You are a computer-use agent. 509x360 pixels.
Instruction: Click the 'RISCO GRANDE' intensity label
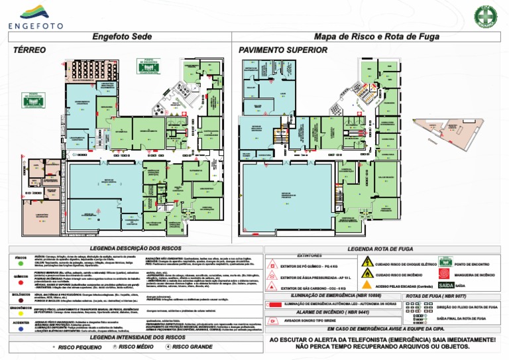pyautogui.click(x=191, y=347)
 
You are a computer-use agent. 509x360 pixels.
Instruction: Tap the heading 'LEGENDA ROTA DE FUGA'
pyautogui.click(x=385, y=248)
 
